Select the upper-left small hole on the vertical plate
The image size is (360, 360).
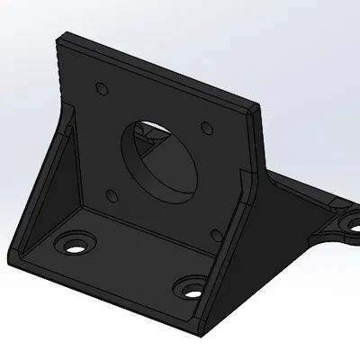point(102,89)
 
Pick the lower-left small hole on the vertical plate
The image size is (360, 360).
point(111,193)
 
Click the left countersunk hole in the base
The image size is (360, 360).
point(74,243)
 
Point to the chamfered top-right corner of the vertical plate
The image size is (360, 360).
point(257,108)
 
